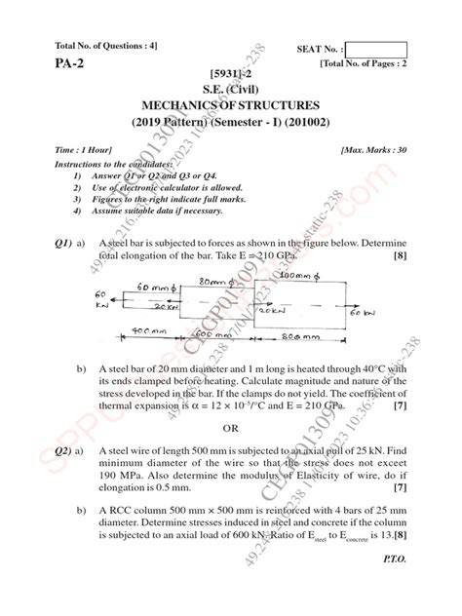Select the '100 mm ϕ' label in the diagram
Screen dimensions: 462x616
(301, 276)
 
